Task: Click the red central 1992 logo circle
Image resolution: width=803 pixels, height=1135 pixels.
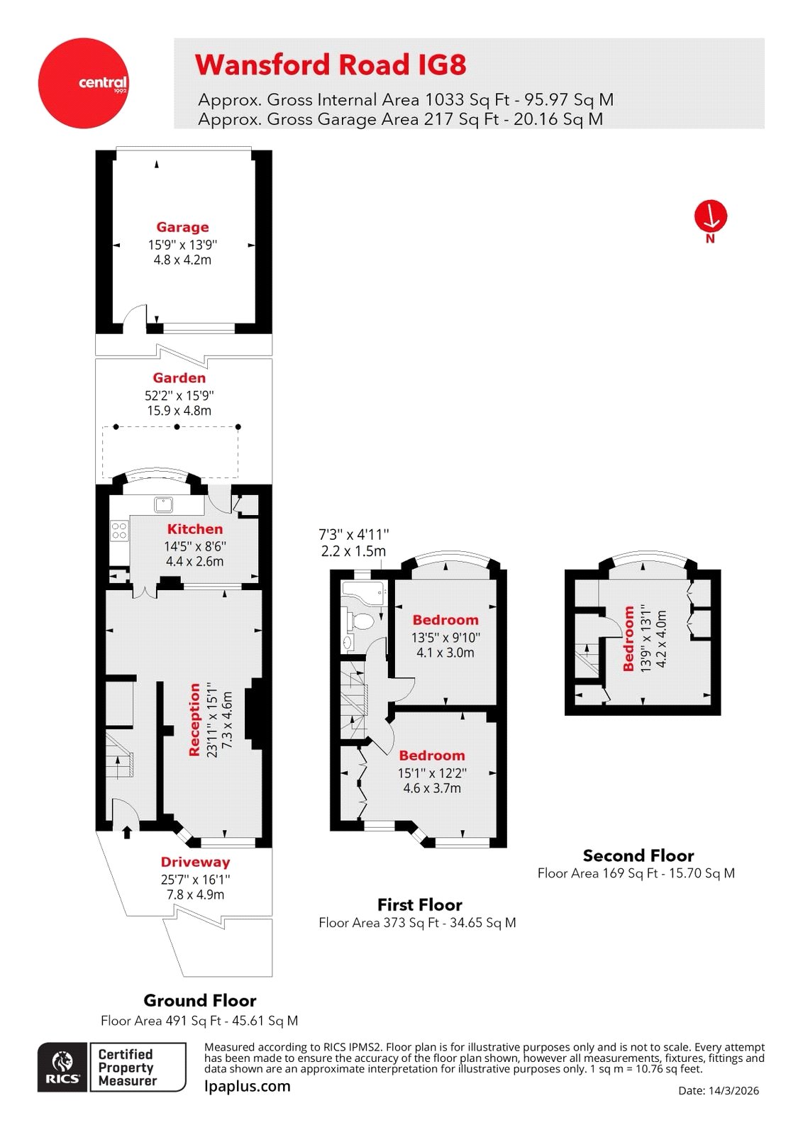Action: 83,83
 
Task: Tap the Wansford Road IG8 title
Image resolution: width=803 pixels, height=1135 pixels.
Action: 331,65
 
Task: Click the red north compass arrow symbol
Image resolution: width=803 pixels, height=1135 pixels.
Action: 711,216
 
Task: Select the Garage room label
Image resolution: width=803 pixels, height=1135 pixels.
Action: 182,227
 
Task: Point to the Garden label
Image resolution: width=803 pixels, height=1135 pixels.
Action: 179,378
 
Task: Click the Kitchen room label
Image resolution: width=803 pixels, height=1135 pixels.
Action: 195,528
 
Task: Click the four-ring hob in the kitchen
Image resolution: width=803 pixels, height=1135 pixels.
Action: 119,531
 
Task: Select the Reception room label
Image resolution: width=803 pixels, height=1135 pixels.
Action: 194,719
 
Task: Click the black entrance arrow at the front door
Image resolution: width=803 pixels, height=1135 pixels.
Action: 127,831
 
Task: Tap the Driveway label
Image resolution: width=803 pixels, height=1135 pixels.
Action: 195,862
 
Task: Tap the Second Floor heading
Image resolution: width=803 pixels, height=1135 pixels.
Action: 638,856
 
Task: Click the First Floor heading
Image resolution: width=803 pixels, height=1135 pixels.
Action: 419,904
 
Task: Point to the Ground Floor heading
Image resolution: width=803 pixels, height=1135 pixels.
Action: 199,1000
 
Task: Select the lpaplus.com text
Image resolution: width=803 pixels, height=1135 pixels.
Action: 247,1086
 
